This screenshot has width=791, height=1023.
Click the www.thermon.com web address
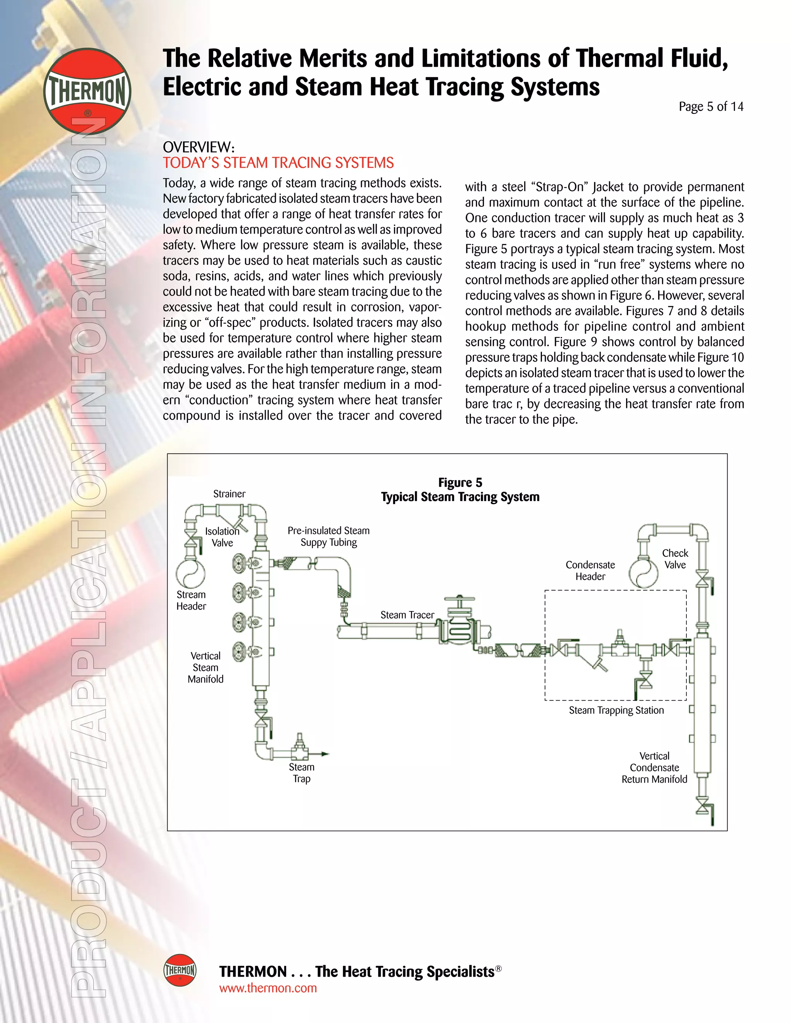click(268, 988)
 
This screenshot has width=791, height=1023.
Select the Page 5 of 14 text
click(710, 107)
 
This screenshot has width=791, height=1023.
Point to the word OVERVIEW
click(198, 147)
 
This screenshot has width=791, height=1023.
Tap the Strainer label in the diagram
click(229, 494)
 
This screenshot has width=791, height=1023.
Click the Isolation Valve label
click(222, 537)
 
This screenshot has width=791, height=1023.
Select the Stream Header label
click(191, 600)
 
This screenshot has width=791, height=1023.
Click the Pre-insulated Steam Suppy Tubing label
click(329, 536)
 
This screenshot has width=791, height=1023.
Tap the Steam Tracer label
click(407, 615)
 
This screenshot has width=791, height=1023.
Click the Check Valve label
click(675, 559)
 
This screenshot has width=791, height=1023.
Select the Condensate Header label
click(590, 571)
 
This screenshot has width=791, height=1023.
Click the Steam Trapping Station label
click(616, 710)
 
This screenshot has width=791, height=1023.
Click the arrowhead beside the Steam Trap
click(325, 754)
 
